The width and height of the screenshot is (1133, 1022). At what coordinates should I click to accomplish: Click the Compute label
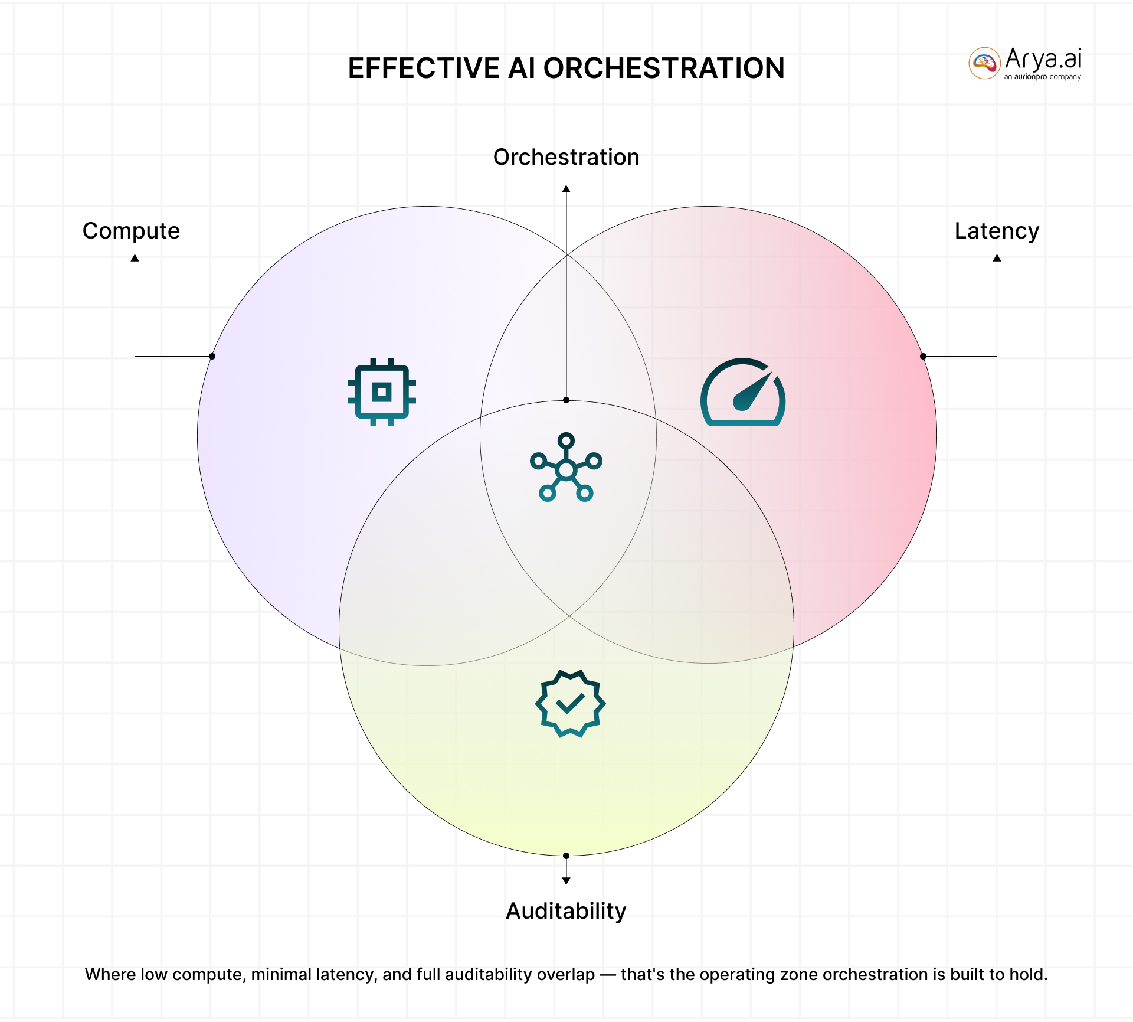[x=131, y=231]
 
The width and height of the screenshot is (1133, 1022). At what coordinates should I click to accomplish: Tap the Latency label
[x=997, y=231]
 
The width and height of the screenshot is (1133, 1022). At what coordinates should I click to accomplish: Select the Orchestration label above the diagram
[x=566, y=157]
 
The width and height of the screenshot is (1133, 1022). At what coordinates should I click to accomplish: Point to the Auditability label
[x=566, y=911]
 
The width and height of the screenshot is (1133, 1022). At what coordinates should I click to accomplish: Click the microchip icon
[x=382, y=391]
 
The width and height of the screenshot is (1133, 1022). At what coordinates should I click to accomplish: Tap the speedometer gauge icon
[x=743, y=392]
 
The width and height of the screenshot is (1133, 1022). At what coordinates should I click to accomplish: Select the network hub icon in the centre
[x=566, y=468]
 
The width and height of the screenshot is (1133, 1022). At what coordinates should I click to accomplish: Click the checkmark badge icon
[x=570, y=703]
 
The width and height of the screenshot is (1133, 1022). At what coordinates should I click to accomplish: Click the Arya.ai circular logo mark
[x=984, y=63]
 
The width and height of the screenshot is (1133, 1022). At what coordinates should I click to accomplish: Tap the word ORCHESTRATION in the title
[x=664, y=68]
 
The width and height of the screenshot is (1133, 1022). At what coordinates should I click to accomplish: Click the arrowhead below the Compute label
[x=135, y=258]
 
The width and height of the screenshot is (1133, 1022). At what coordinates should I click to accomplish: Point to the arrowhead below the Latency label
[x=997, y=258]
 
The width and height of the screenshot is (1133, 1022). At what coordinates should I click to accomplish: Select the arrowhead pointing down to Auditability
[x=566, y=881]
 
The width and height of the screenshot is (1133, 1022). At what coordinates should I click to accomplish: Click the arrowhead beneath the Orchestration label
[x=566, y=189]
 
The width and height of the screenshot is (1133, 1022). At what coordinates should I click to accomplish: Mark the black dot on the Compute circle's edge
[x=212, y=356]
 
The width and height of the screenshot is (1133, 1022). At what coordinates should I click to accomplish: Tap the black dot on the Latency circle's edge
[x=924, y=356]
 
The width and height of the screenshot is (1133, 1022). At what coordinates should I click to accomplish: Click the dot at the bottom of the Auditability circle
[x=566, y=856]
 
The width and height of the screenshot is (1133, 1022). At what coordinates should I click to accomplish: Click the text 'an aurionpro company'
[x=1043, y=77]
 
